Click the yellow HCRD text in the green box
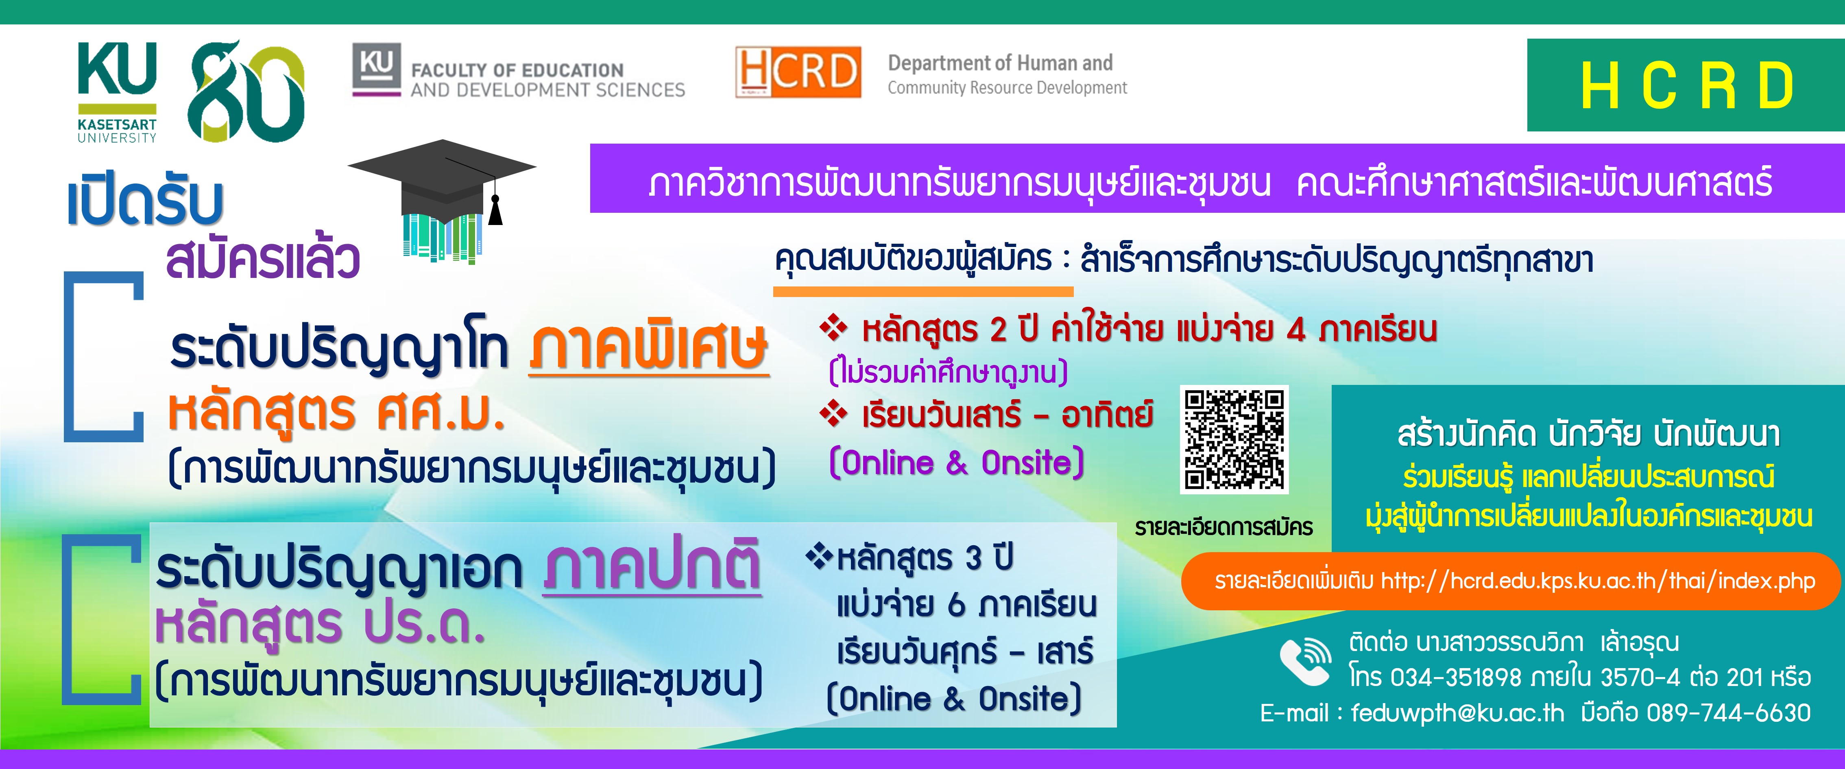coord(1687,85)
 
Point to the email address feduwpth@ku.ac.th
coord(1457,712)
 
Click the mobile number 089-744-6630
coord(1728,712)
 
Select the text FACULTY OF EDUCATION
coord(517,70)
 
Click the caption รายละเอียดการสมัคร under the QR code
coord(1224,527)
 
